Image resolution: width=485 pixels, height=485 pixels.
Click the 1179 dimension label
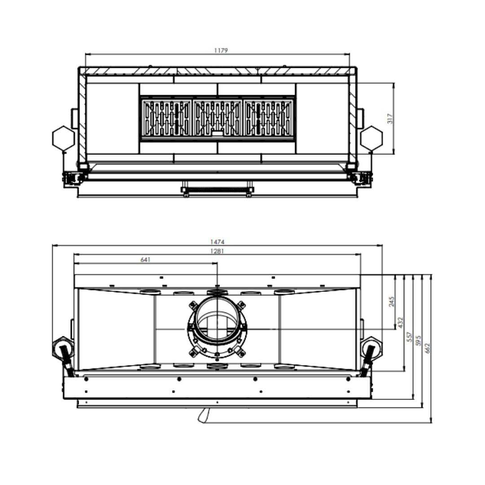point(220,51)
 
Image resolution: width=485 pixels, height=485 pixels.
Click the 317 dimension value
point(390,119)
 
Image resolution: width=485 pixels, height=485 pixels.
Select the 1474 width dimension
point(217,242)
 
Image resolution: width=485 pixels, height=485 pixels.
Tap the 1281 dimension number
point(217,251)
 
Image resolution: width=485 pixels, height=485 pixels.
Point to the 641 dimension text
point(145,260)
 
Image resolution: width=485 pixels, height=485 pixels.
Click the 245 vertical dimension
point(392,301)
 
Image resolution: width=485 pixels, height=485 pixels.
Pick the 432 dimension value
point(401,322)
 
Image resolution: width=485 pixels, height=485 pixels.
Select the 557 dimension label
point(410,337)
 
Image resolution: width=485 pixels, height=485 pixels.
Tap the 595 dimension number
point(419,340)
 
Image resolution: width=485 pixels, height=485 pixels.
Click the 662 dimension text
point(428,348)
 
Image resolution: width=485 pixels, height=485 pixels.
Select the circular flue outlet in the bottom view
point(217,322)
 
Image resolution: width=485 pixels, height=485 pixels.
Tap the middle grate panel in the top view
point(217,119)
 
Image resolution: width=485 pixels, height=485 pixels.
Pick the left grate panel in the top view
point(166,119)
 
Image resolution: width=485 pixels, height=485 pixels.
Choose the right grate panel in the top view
point(269,119)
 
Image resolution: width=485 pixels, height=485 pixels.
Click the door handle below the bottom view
point(203,415)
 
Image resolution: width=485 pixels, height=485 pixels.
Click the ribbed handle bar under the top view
point(217,190)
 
